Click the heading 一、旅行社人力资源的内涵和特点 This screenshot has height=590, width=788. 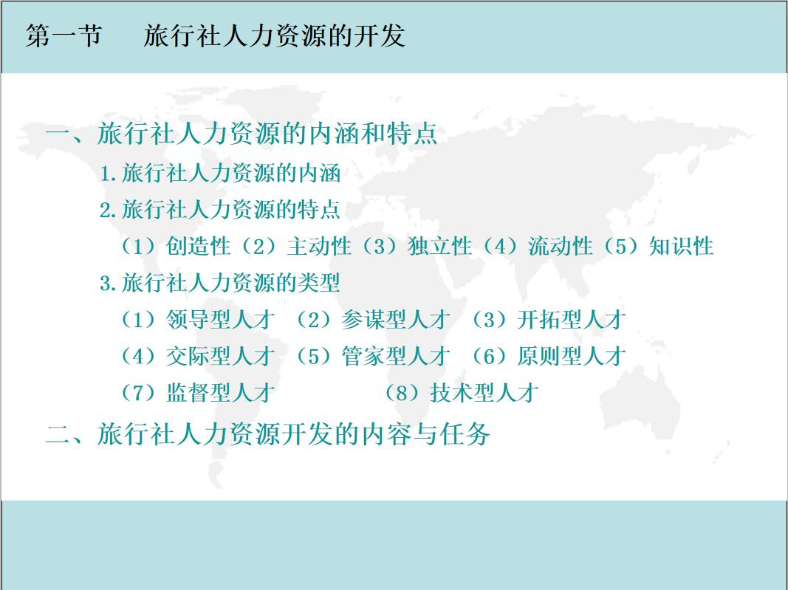pyautogui.click(x=241, y=134)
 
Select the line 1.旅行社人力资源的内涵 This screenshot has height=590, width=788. pyautogui.click(x=220, y=174)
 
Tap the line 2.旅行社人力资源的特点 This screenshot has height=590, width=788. pyautogui.click(x=220, y=210)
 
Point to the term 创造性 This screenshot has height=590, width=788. pyautogui.click(x=199, y=247)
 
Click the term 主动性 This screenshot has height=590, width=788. pyautogui.click(x=319, y=247)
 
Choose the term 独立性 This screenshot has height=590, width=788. pyautogui.click(x=439, y=247)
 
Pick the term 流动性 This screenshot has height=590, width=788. pyautogui.click(x=561, y=247)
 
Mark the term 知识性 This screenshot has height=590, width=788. pyautogui.click(x=681, y=247)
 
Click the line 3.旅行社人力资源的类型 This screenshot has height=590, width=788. pyautogui.click(x=220, y=283)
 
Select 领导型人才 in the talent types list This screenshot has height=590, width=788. pyautogui.click(x=220, y=320)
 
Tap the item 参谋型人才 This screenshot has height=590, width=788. pyautogui.click(x=396, y=320)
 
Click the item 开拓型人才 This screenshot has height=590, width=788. pyautogui.click(x=571, y=320)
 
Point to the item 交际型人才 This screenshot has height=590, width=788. pyautogui.click(x=220, y=357)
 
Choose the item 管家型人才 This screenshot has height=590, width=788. pyautogui.click(x=396, y=357)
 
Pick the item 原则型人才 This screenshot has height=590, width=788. pyautogui.click(x=571, y=357)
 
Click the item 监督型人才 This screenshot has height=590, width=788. pyautogui.click(x=220, y=393)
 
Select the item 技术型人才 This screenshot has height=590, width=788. pyautogui.click(x=484, y=393)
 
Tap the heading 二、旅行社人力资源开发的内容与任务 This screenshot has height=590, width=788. pyautogui.click(x=267, y=434)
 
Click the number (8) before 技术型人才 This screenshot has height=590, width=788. pyautogui.click(x=402, y=393)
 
